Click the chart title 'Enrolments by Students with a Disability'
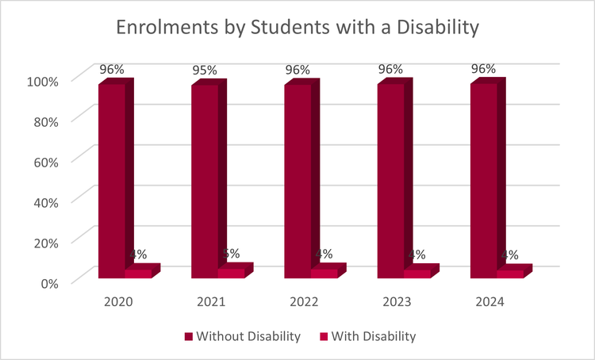click(297, 27)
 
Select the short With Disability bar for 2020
click(139, 274)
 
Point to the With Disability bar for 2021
click(232, 273)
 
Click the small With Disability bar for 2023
click(417, 274)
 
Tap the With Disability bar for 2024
click(510, 274)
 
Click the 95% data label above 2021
click(205, 70)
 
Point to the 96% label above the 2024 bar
click(483, 68)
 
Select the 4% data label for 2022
click(324, 255)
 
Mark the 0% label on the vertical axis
click(50, 282)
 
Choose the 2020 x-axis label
click(118, 302)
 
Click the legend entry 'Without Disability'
click(242, 336)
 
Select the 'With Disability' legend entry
click(371, 336)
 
